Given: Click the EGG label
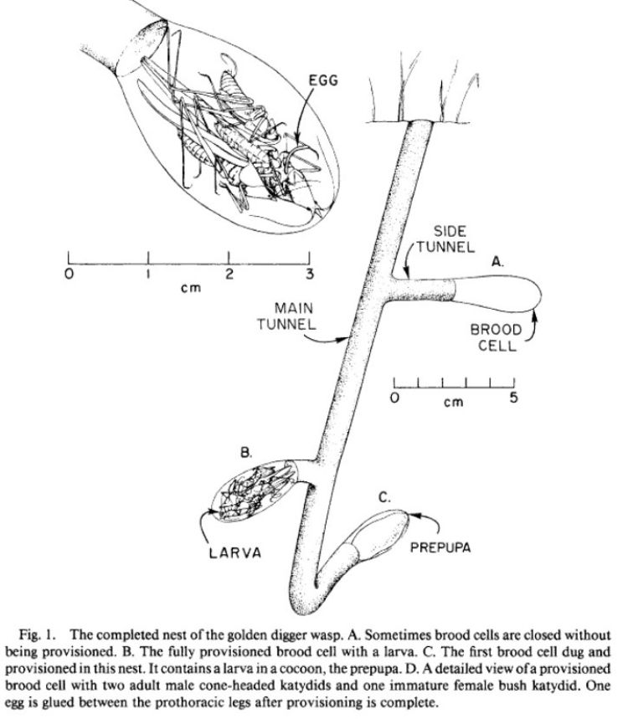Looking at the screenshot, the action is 323,80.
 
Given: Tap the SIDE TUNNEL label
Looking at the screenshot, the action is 445,239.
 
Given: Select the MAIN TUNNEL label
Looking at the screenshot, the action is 286,316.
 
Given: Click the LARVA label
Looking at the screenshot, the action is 235,552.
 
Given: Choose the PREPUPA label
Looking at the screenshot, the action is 440,547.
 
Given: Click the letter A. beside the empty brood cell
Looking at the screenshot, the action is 497,262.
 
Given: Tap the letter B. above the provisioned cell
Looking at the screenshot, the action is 246,453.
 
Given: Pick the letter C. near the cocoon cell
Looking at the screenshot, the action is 384,497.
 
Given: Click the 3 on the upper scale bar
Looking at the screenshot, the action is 310,275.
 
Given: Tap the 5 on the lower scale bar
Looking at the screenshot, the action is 514,397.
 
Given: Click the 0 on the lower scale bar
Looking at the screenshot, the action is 394,398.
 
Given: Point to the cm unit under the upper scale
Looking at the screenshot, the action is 191,289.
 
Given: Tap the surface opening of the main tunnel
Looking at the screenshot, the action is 419,123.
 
